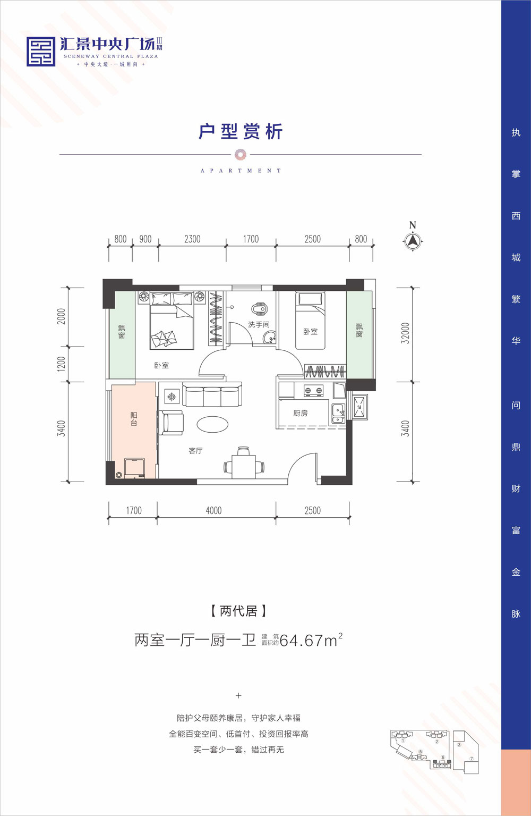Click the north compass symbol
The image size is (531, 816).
point(413,241)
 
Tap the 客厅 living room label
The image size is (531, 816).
point(195,451)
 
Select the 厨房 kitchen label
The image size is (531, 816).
point(300,413)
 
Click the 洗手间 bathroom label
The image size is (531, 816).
point(259,324)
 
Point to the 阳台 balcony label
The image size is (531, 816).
point(134,419)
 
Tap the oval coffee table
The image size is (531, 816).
point(212,424)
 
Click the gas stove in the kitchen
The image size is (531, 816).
point(313,391)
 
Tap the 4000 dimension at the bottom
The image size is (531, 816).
point(213,510)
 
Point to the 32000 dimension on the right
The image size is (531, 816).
point(406,333)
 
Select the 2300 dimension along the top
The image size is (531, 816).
point(192,239)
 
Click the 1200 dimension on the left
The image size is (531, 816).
point(62,364)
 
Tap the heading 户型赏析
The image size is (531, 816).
point(241,131)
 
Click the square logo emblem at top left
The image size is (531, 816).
point(41,52)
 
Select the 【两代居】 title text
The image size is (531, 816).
point(238,611)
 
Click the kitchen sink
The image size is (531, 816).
point(337,414)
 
